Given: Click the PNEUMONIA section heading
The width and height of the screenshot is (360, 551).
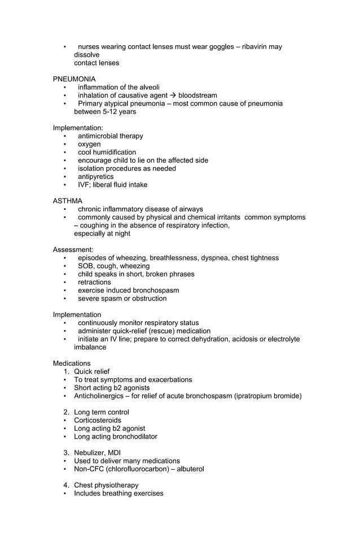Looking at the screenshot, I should click(x=74, y=79).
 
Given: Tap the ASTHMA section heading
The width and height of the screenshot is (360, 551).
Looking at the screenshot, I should click(x=67, y=201).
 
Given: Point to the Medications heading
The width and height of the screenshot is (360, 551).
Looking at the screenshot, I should click(x=71, y=363).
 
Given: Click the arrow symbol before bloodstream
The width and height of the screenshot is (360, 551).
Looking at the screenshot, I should click(x=173, y=95).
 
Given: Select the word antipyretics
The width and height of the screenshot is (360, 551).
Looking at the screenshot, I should click(x=95, y=177).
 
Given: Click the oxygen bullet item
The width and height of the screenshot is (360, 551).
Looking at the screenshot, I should click(x=89, y=144).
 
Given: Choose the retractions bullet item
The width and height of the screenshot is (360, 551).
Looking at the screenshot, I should click(x=94, y=282).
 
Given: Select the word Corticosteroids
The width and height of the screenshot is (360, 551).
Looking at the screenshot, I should click(x=98, y=421).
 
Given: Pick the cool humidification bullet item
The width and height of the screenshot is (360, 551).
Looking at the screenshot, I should click(x=107, y=152).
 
